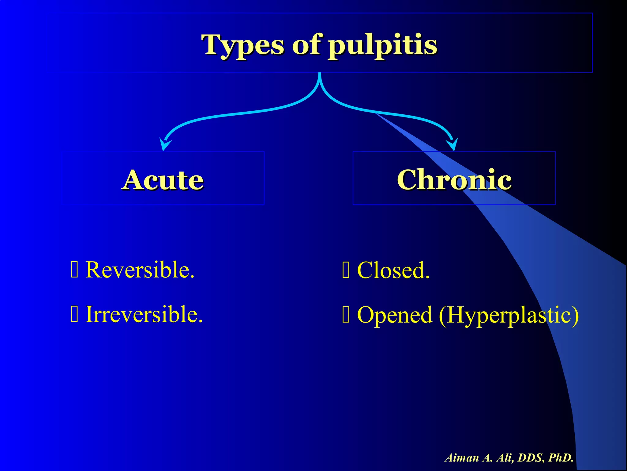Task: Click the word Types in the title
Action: point(244,45)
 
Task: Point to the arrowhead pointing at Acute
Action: point(164,145)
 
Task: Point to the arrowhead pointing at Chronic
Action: point(453,144)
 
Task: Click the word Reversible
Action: point(140,270)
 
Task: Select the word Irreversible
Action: point(144,314)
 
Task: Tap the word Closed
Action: point(393,270)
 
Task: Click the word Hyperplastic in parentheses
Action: point(508,315)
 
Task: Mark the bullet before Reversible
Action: point(74,270)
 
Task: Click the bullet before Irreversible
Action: point(74,315)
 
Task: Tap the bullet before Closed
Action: point(346,270)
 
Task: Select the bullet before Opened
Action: point(346,315)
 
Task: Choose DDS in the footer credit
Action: point(531,458)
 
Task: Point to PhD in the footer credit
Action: point(560,458)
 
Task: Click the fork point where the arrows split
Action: point(320,80)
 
